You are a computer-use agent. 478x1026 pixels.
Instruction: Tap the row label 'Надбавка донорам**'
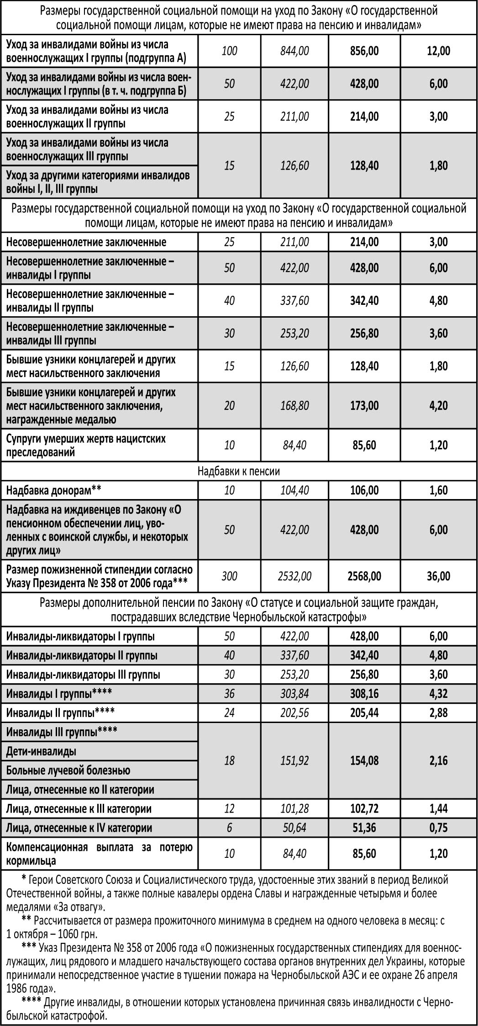53,490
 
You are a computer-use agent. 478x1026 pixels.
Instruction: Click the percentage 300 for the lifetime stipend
229,576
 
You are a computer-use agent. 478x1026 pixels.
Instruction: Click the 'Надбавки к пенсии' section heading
239,471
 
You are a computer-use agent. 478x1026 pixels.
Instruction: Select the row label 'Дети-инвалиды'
41,751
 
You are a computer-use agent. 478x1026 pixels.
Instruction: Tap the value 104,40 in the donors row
294,490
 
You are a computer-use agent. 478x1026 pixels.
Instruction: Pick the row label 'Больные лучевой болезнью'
68,770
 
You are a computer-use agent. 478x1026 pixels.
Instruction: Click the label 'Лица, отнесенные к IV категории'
79,828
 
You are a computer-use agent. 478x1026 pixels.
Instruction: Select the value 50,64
294,828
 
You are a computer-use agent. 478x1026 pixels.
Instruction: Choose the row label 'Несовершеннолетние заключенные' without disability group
86,242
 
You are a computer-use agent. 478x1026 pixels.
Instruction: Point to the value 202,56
294,712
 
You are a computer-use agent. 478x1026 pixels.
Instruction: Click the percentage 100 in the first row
229,51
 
